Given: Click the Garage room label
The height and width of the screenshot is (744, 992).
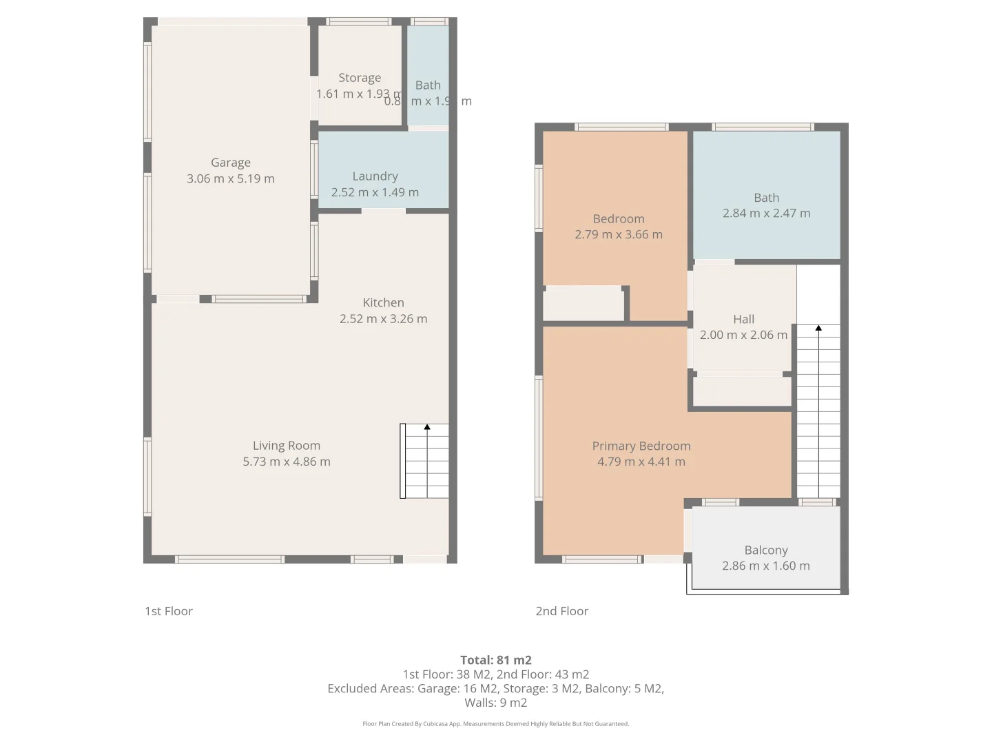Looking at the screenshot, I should click(x=230, y=163).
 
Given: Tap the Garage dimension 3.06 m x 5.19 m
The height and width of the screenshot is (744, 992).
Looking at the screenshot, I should click(x=230, y=178).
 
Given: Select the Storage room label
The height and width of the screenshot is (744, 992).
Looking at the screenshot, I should click(x=359, y=78).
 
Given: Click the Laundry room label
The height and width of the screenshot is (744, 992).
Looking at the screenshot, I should click(x=375, y=176).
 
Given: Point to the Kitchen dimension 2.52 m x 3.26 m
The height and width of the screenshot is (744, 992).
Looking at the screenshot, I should click(x=383, y=319).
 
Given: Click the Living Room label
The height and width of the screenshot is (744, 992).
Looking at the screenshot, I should click(x=286, y=446).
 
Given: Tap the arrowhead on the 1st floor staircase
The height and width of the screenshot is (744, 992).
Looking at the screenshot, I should click(x=427, y=428).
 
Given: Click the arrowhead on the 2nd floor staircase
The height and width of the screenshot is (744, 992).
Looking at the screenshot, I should click(x=818, y=329).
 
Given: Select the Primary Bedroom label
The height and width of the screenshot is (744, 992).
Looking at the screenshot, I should click(x=641, y=446).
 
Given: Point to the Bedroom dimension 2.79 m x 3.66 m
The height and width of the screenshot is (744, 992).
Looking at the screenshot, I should click(x=618, y=234).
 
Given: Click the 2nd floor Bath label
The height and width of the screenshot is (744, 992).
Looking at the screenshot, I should click(x=766, y=198).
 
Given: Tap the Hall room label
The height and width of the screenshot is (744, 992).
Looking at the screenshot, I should click(x=743, y=319).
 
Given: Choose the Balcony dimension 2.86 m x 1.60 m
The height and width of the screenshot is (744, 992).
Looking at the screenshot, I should click(x=765, y=566).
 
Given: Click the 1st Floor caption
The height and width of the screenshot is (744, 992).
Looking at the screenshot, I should click(x=169, y=611).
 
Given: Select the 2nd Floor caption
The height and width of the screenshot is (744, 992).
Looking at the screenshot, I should click(x=562, y=611).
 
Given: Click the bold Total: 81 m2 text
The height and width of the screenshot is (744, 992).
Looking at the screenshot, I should click(x=495, y=660).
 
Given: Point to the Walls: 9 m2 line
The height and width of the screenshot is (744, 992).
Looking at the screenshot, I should click(x=495, y=703).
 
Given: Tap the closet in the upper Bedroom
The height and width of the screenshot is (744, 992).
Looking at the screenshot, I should click(x=583, y=305).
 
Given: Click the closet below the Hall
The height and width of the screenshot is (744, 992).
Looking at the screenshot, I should click(x=741, y=391).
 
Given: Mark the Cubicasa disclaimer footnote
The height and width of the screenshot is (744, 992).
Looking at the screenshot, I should click(x=495, y=724).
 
